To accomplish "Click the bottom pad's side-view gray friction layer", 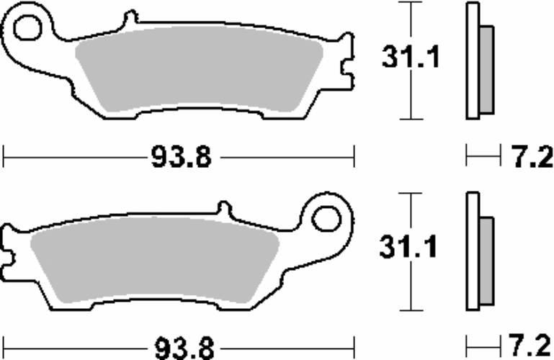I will click(x=486, y=259).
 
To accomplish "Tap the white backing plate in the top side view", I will click(x=473, y=61).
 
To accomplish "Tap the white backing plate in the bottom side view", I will click(x=473, y=252).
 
